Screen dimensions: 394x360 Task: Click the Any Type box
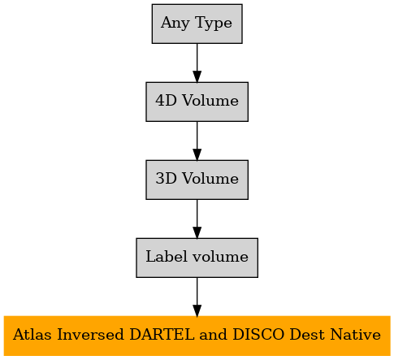pos(197,24)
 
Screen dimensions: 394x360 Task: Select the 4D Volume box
pos(197,102)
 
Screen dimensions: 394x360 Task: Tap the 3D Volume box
pos(197,180)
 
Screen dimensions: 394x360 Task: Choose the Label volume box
pos(197,258)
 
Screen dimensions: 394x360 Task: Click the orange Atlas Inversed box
pos(197,336)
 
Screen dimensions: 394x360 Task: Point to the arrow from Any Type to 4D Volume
pos(197,63)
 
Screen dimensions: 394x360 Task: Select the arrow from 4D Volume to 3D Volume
pos(197,141)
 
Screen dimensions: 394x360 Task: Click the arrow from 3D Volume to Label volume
pos(197,219)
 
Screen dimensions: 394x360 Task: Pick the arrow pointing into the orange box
pos(197,297)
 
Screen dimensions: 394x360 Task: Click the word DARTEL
pos(162,334)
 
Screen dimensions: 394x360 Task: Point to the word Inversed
pos(90,334)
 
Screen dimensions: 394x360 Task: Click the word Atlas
pos(32,334)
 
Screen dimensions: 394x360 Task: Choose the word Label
pos(167,256)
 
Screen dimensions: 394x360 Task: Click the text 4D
pos(166,101)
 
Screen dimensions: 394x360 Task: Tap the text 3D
pos(166,179)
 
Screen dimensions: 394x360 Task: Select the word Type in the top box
pos(214,24)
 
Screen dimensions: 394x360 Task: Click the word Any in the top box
pos(175,24)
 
